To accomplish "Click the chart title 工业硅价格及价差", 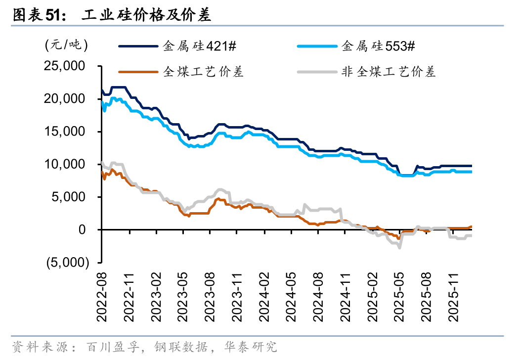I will click(146, 16).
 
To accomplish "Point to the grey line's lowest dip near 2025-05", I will click(399, 247).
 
